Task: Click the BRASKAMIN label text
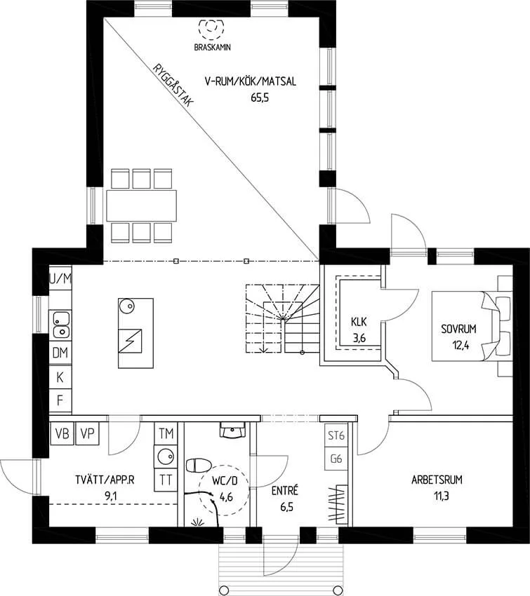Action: coord(212,48)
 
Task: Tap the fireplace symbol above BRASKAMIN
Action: coord(211,29)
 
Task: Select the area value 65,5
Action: coord(260,97)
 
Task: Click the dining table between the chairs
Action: coord(142,205)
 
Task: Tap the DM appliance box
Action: coord(60,353)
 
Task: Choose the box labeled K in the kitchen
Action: coord(60,377)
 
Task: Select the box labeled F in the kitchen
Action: coord(60,400)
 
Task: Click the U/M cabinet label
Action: coord(60,279)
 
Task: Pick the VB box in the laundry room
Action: coord(62,433)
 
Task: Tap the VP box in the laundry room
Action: coord(88,433)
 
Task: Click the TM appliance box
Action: coord(166,433)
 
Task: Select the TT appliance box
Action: coord(166,480)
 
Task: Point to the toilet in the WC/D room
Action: coord(198,466)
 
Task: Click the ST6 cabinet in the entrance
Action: coord(336,435)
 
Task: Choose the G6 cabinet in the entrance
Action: coord(336,459)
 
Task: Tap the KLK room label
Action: coord(359,322)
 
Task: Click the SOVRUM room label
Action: coord(458,329)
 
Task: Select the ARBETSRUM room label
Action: coord(437,480)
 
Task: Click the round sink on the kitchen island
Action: coord(127,306)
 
